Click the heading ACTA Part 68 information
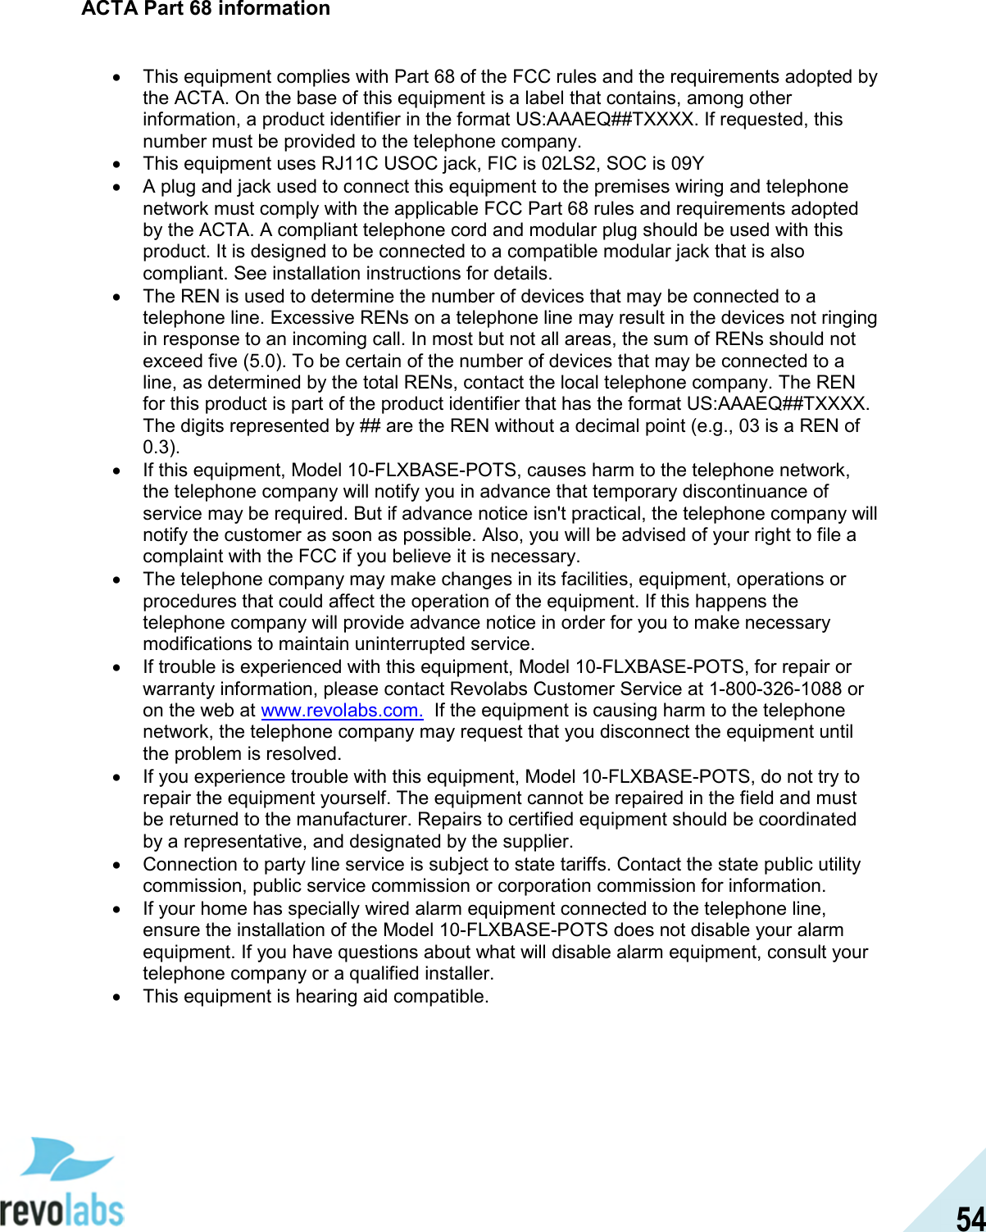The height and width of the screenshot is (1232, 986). (x=206, y=9)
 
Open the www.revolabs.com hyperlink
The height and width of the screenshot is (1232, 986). (x=341, y=711)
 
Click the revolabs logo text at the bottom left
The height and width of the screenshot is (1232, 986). (x=61, y=1208)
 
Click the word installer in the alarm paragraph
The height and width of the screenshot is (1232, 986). (x=457, y=974)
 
